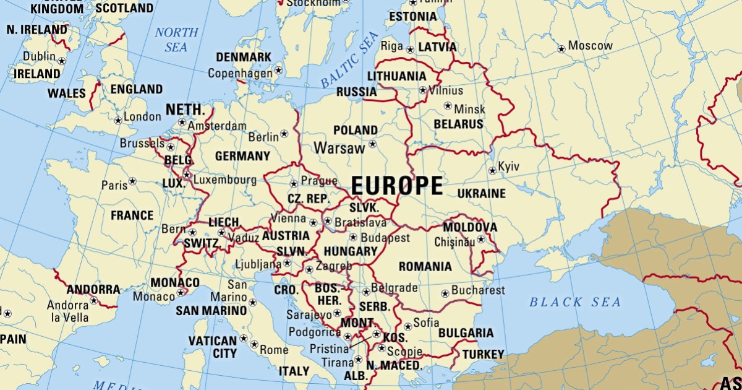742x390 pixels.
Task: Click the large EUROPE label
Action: (397, 186)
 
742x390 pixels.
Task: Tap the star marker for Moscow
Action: (561, 48)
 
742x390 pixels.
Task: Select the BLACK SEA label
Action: (574, 302)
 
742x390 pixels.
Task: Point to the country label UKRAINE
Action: (481, 194)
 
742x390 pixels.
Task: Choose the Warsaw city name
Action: (339, 149)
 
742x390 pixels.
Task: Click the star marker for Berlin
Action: (284, 133)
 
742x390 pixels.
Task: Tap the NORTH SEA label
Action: (176, 40)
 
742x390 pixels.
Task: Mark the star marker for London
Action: (118, 120)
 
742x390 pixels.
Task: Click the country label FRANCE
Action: (132, 215)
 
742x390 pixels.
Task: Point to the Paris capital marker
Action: (132, 182)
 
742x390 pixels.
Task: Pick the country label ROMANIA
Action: (425, 267)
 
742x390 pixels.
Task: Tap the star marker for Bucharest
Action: (445, 293)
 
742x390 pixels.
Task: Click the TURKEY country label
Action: (482, 354)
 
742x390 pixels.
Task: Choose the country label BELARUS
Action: (458, 124)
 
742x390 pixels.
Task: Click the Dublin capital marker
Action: (62, 61)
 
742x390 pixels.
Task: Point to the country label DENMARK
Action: (243, 57)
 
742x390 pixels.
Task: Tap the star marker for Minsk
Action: (448, 106)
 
